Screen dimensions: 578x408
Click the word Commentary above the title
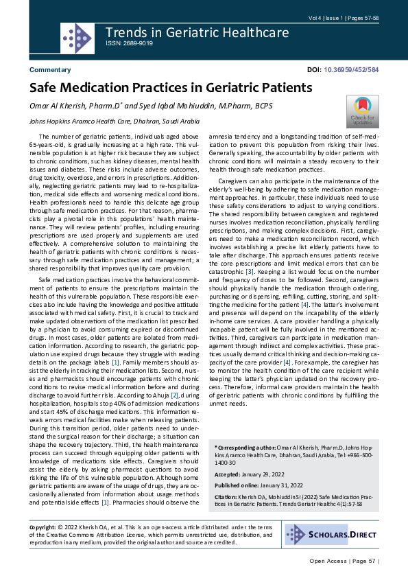[49, 70]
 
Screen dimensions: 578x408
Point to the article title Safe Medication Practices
[170, 88]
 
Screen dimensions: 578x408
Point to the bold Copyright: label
[43, 526]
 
